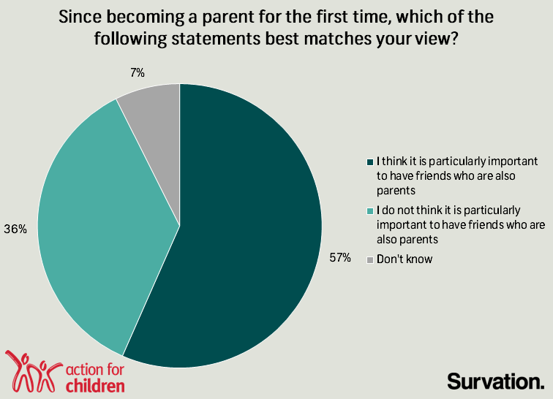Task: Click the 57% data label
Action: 340,258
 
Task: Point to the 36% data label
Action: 15,229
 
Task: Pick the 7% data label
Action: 138,73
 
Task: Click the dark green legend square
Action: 370,162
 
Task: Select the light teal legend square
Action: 370,211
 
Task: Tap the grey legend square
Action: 370,260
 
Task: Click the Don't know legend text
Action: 405,259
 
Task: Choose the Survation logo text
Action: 496,381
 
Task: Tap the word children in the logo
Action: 95,385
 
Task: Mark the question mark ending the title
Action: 454,38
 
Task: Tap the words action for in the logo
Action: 95,370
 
